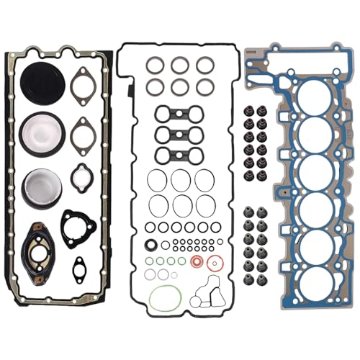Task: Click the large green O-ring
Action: pos(164,298)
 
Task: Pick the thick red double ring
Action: pos(196,261)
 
